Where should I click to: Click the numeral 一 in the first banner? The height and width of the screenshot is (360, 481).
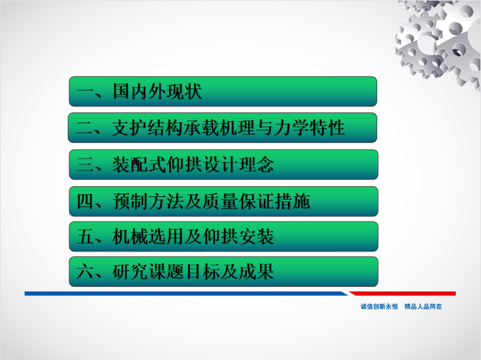coord(85,91)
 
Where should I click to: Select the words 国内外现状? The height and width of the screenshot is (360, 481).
coord(157,91)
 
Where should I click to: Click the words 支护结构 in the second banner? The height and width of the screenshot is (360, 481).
coord(147,128)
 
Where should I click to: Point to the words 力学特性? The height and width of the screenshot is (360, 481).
coord(309,128)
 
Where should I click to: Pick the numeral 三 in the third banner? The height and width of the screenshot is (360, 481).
coord(85,164)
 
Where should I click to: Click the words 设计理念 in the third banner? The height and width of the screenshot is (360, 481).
coord(238,164)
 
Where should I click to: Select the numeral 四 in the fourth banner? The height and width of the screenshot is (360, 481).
coord(85,202)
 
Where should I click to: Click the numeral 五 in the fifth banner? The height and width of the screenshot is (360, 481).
coord(85,237)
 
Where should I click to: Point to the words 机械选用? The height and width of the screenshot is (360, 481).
coord(148,237)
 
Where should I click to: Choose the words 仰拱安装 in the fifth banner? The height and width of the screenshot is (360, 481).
coord(238,237)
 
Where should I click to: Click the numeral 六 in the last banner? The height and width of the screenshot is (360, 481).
coord(85,271)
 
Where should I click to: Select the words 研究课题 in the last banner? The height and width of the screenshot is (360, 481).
coord(148,271)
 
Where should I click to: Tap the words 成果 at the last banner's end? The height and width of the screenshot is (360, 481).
coord(256,271)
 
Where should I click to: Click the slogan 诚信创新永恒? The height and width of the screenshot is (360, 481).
coord(379,306)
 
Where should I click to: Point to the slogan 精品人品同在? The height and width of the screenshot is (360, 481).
coord(423,306)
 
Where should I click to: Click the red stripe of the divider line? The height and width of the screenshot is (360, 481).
coord(402,293)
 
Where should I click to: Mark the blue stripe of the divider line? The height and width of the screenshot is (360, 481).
coord(186,293)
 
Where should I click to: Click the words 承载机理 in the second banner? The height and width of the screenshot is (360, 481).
coord(219,128)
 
